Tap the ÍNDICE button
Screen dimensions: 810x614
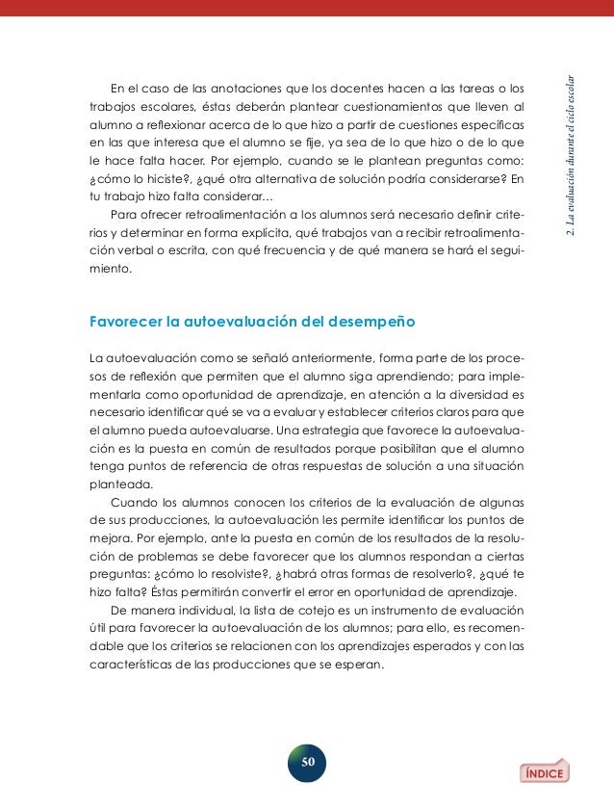(x=545, y=771)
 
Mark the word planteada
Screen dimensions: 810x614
(x=120, y=483)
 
